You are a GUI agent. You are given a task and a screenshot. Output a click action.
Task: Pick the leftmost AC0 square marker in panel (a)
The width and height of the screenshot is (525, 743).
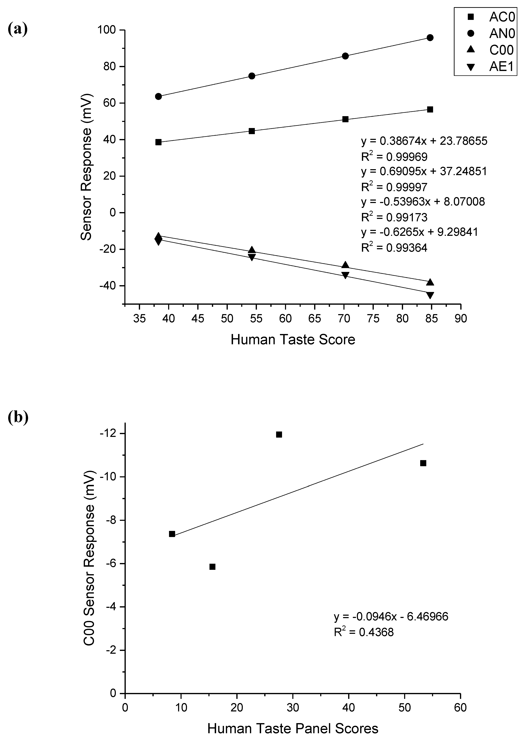[158, 142]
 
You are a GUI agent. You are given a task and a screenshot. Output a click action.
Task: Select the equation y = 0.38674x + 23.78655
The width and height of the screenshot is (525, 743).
[424, 141]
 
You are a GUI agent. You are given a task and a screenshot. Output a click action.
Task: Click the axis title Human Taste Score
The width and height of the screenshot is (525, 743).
[293, 340]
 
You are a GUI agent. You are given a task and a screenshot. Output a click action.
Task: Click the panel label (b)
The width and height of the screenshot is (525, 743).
[18, 417]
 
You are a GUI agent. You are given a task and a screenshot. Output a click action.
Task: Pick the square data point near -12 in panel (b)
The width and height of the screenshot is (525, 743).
[279, 435]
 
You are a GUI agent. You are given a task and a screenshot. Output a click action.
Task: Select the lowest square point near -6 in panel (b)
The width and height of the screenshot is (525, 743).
[212, 567]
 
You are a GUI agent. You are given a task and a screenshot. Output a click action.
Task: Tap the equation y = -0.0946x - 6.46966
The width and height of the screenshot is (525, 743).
[391, 617]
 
